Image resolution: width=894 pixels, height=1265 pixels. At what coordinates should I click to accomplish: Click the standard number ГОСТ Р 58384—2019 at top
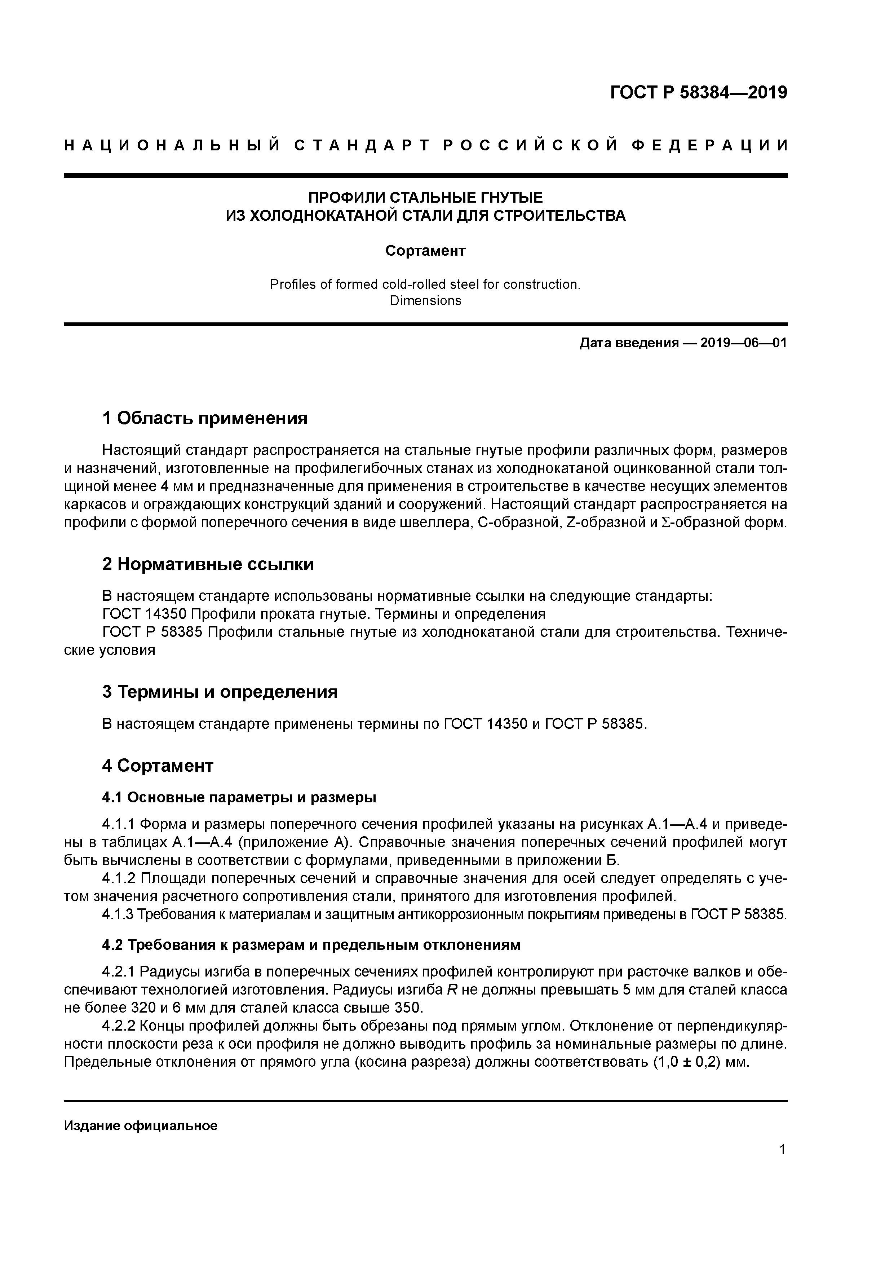(x=699, y=93)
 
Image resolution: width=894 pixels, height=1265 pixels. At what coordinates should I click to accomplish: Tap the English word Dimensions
(x=425, y=301)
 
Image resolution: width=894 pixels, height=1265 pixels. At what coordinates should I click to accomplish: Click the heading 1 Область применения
(x=204, y=418)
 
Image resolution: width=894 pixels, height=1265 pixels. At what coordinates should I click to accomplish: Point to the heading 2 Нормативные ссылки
(x=208, y=564)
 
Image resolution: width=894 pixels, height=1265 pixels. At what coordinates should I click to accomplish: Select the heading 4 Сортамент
(x=158, y=765)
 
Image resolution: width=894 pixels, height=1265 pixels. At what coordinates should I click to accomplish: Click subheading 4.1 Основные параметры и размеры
(x=239, y=797)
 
